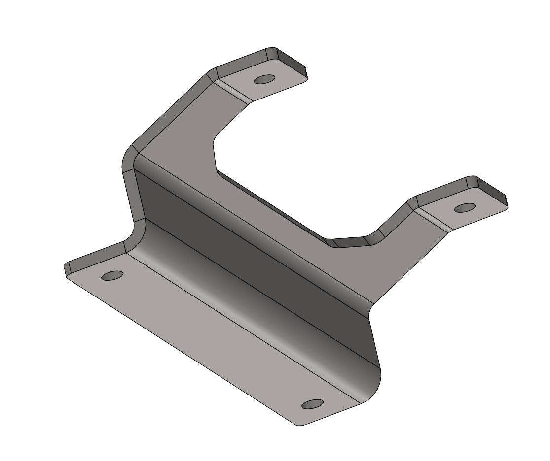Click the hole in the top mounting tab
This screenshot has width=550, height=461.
(x=265, y=79)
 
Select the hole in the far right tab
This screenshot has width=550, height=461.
(x=465, y=207)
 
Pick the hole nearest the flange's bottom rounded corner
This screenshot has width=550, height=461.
(x=313, y=404)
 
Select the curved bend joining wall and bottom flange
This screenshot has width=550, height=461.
(x=247, y=296)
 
